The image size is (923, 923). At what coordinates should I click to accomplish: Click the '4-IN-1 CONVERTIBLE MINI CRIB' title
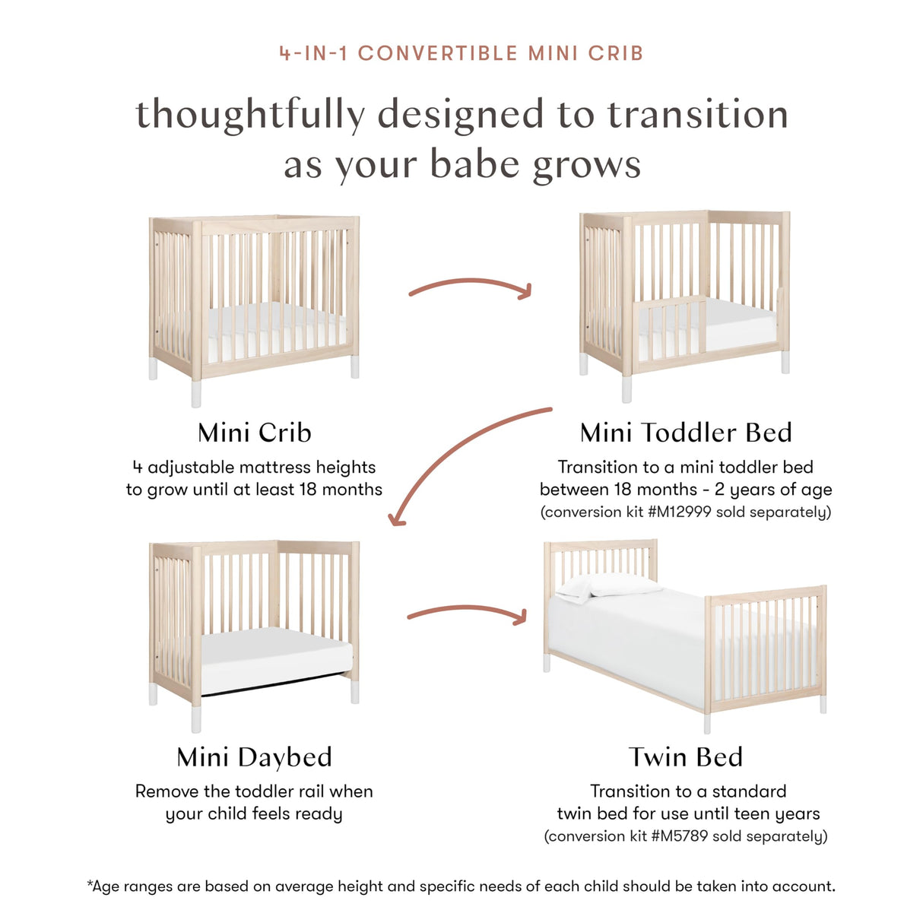(x=461, y=53)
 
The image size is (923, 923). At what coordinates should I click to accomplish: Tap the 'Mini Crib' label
(x=255, y=433)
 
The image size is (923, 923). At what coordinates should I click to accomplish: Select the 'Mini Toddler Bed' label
(x=686, y=433)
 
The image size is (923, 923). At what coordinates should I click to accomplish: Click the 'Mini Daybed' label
(x=255, y=757)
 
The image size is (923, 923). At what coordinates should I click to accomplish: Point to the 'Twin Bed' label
(x=686, y=757)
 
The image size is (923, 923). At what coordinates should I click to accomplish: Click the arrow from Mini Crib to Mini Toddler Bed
(x=470, y=285)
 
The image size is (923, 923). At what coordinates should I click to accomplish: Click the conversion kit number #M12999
(x=680, y=512)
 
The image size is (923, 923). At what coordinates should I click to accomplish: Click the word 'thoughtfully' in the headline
(x=250, y=115)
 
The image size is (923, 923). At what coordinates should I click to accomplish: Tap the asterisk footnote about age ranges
(x=461, y=887)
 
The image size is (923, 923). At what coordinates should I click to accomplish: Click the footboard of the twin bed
(x=766, y=646)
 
